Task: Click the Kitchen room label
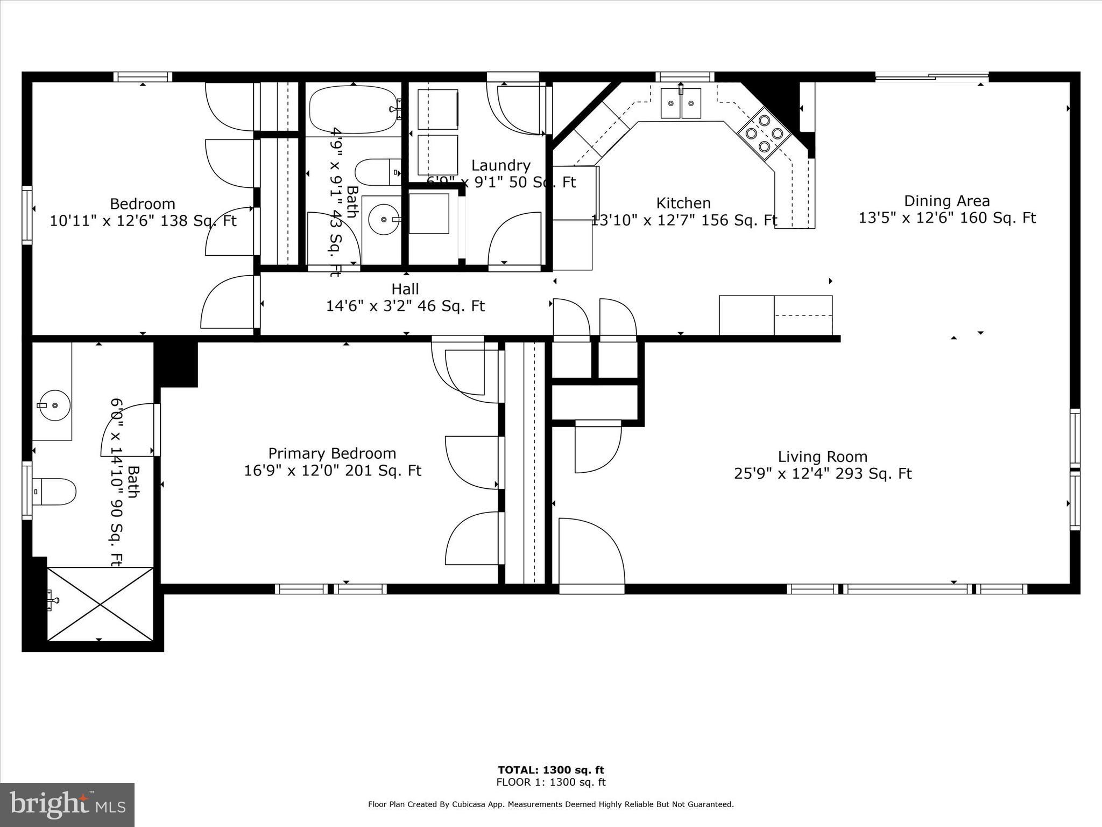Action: coord(683,203)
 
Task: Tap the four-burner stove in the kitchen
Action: coord(764,133)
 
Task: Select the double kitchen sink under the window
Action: coord(681,103)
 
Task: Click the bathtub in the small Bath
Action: coord(353,109)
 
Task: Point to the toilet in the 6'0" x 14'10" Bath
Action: coord(54,492)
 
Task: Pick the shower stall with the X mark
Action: coord(100,604)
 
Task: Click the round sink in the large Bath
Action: coord(54,404)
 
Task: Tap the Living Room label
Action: coord(822,457)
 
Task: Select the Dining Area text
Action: coord(946,201)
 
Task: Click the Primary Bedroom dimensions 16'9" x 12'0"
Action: coord(332,471)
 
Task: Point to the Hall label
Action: coord(405,289)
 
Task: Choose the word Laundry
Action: coord(500,165)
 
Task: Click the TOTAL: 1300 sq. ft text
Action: coord(550,770)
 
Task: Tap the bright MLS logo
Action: coord(67,805)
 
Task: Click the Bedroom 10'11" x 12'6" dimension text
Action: coord(143,221)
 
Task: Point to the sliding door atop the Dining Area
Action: coord(931,76)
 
